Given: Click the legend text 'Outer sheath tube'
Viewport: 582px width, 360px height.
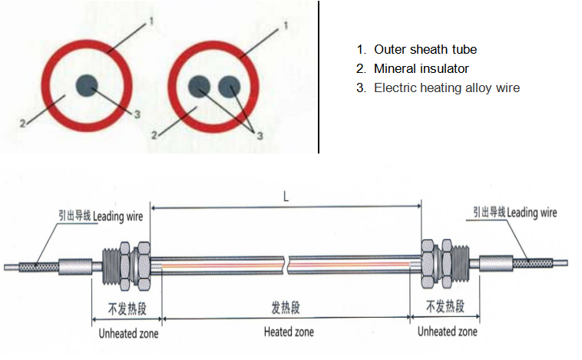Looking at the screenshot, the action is [x=425, y=49].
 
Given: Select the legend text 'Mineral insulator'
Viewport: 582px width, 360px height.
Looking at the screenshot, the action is [x=422, y=68].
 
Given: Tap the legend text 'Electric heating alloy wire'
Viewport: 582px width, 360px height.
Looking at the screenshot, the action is [x=447, y=88].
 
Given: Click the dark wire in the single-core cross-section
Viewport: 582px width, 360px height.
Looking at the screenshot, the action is [x=87, y=85].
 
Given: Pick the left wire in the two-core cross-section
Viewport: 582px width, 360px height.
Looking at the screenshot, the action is [x=200, y=87].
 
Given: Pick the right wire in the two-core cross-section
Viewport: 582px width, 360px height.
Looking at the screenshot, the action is [x=230, y=87].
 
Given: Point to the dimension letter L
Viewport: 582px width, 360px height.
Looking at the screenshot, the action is [x=286, y=197].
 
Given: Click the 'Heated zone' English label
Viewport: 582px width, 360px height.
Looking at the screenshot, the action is [x=289, y=332].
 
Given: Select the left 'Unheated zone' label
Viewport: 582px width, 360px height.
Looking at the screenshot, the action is [x=128, y=333].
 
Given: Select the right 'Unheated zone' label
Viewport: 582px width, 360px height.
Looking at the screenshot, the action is [x=448, y=331].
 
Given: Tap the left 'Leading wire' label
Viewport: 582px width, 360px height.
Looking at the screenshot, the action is [x=117, y=216].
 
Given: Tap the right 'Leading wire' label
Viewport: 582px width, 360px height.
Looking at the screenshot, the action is [x=532, y=213].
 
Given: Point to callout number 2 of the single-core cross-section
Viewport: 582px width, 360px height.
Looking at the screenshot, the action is [x=22, y=124].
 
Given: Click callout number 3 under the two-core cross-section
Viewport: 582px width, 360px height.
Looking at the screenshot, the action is [x=260, y=136].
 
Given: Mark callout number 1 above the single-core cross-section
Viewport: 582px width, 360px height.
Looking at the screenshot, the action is [x=151, y=21].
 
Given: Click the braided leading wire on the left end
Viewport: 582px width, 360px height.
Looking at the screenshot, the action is [x=38, y=267].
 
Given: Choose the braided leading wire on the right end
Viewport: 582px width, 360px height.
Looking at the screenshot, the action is [x=533, y=263].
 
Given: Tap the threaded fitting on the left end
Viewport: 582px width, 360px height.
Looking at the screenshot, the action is [x=111, y=266].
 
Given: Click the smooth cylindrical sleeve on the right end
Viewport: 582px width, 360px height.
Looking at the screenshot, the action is [x=496, y=263].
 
